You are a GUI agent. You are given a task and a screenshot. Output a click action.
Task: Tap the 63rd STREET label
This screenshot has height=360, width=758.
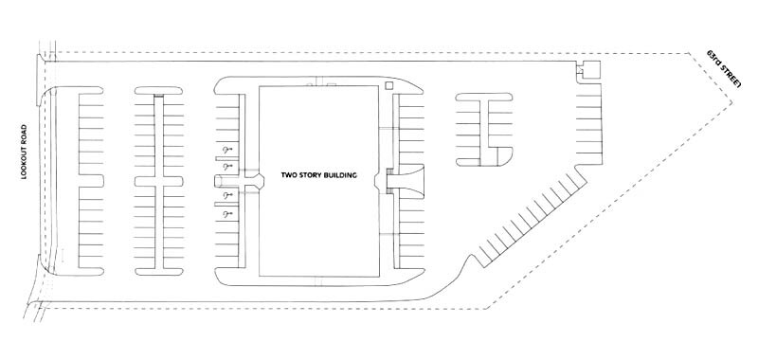[726, 75]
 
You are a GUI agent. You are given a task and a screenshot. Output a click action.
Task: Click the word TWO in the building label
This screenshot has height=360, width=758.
[290, 174]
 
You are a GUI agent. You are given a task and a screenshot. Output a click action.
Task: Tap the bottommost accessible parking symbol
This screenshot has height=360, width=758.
[226, 215]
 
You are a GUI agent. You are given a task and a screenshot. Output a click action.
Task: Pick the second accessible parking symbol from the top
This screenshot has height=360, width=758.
[226, 167]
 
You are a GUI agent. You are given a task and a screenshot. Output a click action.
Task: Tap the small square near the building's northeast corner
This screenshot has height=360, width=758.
[389, 86]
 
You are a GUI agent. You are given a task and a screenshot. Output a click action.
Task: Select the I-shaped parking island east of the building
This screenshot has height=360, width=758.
[486, 128]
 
